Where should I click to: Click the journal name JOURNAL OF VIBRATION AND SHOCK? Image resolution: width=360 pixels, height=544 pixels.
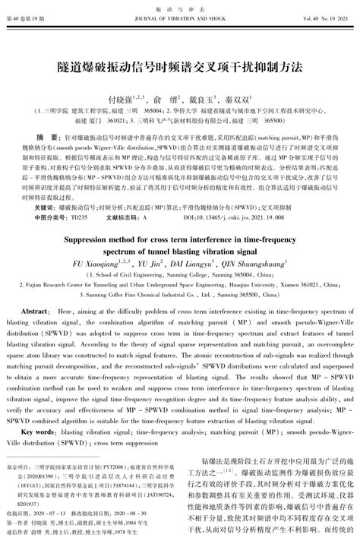[179, 17]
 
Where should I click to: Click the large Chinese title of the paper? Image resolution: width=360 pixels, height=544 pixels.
[179, 67]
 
